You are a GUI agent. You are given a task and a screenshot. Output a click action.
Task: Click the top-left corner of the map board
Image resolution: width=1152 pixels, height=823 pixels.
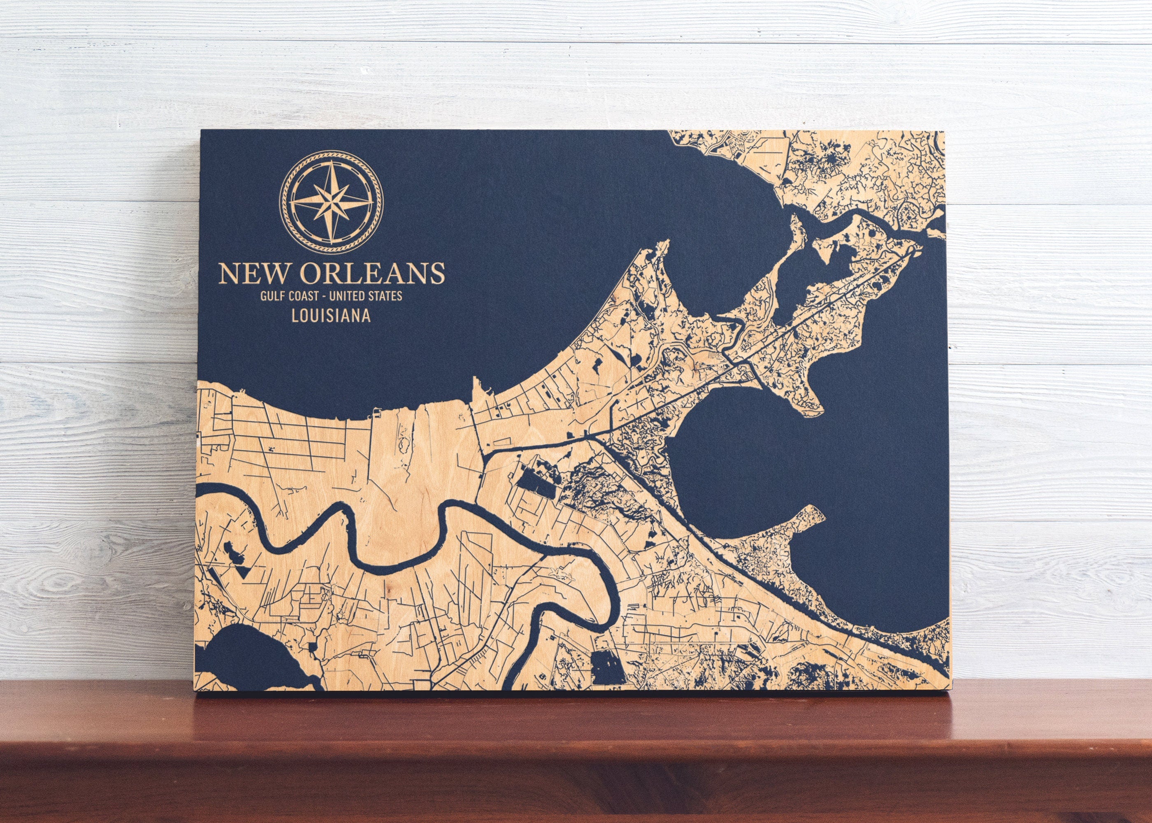click(x=202, y=131)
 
